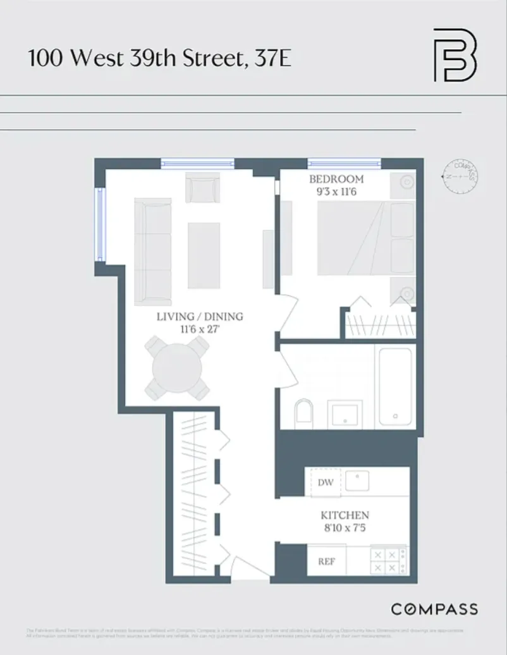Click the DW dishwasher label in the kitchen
pyautogui.click(x=325, y=483)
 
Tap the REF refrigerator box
pyautogui.click(x=326, y=561)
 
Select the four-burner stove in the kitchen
pyautogui.click(x=387, y=560)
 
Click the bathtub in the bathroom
pyautogui.click(x=395, y=387)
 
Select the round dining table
pyautogui.click(x=177, y=368)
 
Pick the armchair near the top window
pyautogui.click(x=202, y=187)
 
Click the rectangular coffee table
pyautogui.click(x=204, y=255)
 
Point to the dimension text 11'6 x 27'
pyautogui.click(x=200, y=328)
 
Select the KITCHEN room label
pyautogui.click(x=345, y=515)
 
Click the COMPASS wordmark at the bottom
pyautogui.click(x=434, y=609)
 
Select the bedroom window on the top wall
pyautogui.click(x=344, y=163)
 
